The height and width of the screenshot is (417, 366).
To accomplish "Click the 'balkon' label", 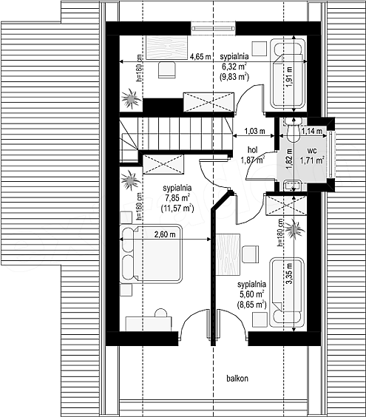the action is coord(237,378).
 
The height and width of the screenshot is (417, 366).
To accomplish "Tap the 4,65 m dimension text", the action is coord(200,56).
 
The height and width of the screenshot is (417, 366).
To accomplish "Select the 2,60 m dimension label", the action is coord(165,234).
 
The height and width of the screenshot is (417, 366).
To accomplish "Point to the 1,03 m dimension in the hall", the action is coord(254,131).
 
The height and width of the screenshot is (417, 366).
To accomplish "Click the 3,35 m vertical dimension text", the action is coord(289,273).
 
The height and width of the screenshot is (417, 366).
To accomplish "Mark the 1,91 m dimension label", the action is coord(289,76).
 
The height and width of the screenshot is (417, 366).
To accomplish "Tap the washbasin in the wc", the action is coord(292,186).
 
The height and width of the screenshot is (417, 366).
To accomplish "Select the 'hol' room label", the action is coord(252,150).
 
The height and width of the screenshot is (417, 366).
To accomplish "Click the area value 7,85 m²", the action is coord(177,198).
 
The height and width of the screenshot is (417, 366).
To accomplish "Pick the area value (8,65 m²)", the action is coord(251,304).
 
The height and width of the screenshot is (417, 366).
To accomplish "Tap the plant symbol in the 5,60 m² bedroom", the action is coord(294,228).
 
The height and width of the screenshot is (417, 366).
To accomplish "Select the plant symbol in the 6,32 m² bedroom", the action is coord(131,98).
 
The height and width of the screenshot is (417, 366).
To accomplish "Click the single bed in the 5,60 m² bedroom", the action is coord(287,292).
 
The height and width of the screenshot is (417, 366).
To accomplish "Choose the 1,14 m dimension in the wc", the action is coord(312,131).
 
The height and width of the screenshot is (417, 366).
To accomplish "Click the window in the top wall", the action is coord(214,28).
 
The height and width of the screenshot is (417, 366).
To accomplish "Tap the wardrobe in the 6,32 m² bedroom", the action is coord(209,102).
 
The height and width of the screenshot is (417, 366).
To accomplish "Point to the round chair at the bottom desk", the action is coord(160,313).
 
